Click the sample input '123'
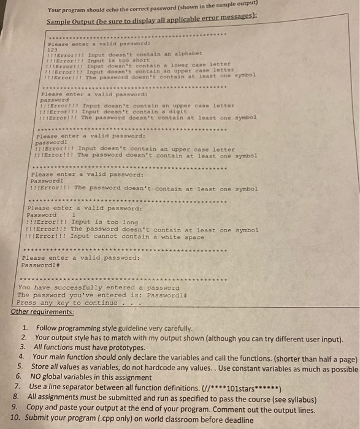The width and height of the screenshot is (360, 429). [x=52, y=49]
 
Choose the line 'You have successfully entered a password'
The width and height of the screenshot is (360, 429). [x=99, y=287]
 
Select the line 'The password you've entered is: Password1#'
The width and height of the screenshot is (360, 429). [x=97, y=295]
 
